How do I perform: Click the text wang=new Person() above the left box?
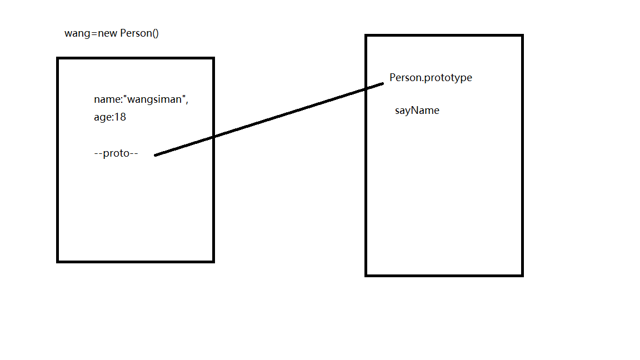[112, 33]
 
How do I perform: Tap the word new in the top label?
[107, 33]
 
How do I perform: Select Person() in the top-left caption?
[139, 33]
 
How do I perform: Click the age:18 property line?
[110, 118]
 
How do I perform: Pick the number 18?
[120, 118]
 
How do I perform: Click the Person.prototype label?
[431, 78]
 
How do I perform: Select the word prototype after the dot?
[448, 78]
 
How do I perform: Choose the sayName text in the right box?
[417, 111]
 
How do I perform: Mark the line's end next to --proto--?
[156, 155]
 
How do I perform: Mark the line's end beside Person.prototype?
[383, 84]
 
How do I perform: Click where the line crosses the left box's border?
[213, 137]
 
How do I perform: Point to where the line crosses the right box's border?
[366, 89]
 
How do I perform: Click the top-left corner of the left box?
[58, 58]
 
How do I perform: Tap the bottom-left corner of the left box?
[58, 261]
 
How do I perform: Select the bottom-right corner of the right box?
[522, 275]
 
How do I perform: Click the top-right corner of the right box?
[522, 36]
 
